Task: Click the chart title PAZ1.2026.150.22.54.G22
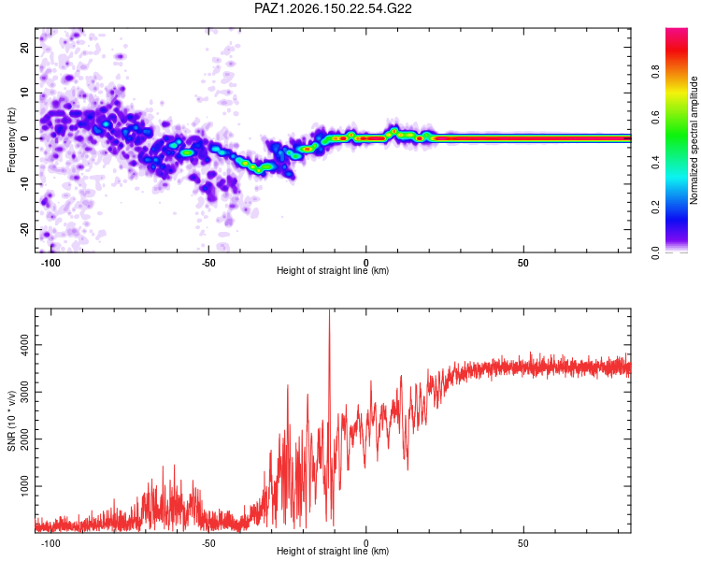tap(333, 8)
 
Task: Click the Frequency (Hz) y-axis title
tap(11, 140)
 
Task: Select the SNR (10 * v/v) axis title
tap(11, 421)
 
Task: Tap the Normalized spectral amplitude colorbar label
tap(694, 140)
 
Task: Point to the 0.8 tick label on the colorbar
tap(655, 72)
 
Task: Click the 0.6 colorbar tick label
tap(655, 117)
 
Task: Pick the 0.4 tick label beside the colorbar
tap(655, 163)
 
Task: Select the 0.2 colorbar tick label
tap(655, 208)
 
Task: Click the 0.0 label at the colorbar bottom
tap(655, 253)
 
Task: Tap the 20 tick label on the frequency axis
tap(24, 47)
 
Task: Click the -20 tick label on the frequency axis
tap(24, 229)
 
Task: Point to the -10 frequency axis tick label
tap(24, 184)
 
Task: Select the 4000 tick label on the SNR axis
tap(24, 345)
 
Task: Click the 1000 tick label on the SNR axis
tap(24, 486)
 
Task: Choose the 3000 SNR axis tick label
tap(24, 392)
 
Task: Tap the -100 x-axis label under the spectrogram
tap(50, 263)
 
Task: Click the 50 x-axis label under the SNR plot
tap(523, 543)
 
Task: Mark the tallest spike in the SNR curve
tap(330, 310)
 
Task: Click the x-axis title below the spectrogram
tap(333, 270)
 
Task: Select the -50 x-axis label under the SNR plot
tap(207, 543)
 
